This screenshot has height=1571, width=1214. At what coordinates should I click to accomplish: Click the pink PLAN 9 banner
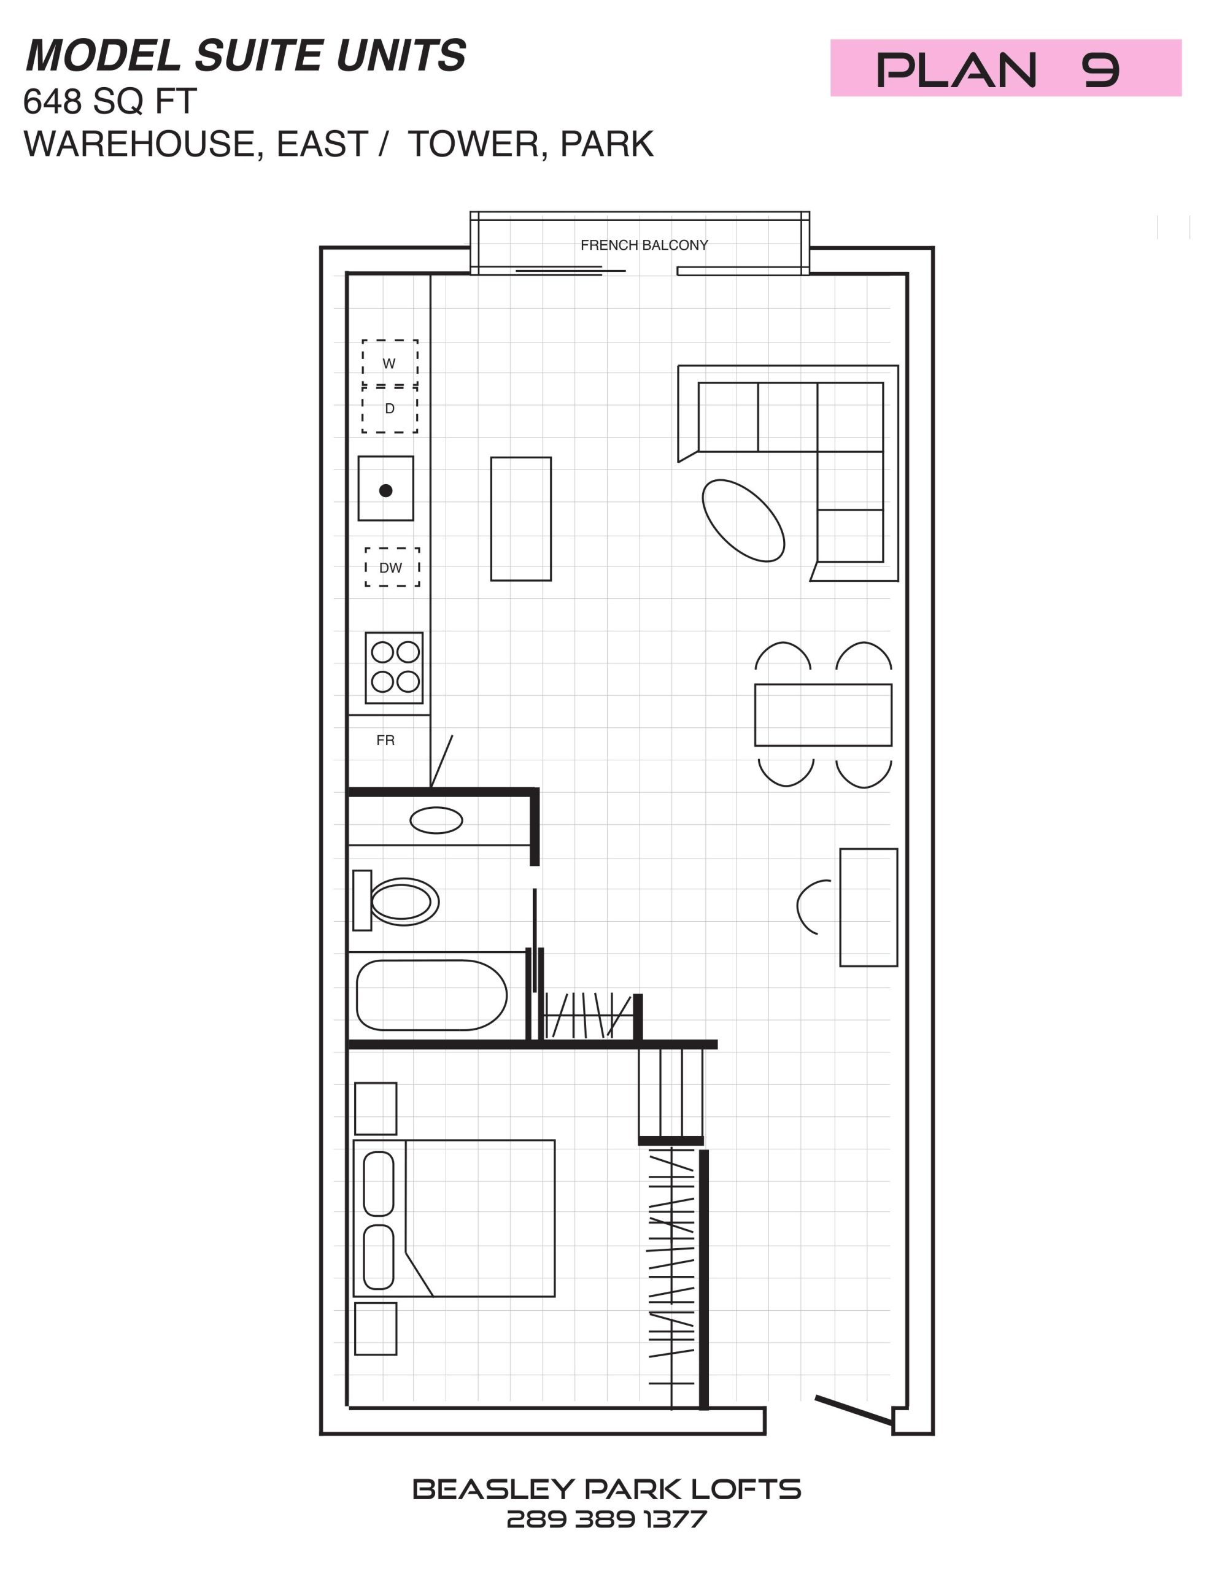coord(1005,68)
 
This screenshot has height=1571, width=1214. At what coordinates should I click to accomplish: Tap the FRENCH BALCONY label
coord(644,245)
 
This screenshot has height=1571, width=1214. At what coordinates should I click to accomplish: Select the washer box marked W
coord(389,363)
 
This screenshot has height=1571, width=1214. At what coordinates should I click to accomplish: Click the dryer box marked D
coord(389,409)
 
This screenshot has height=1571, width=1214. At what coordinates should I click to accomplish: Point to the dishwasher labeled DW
coord(392,567)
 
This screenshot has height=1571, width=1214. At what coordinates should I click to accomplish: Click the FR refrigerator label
coord(385,740)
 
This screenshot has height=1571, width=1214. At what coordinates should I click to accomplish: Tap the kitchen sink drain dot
coord(385,490)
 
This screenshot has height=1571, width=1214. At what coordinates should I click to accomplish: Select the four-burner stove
coord(393,668)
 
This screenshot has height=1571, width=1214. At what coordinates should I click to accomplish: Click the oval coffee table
coord(743,520)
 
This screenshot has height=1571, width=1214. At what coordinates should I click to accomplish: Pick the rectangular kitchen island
coord(521,519)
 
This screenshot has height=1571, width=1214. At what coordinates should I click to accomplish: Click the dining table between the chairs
coord(823,715)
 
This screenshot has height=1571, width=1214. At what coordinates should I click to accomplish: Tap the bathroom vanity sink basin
coord(436,820)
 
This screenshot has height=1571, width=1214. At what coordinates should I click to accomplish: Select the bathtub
coord(431,995)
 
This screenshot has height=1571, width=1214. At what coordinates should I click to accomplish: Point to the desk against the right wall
coord(868,907)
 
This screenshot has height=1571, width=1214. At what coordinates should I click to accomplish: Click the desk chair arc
coord(798,907)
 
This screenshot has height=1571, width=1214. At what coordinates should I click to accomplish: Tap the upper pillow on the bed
coord(379,1184)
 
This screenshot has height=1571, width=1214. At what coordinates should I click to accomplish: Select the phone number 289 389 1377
coord(606,1519)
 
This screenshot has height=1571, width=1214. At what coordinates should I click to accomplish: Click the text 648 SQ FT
coord(109,101)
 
